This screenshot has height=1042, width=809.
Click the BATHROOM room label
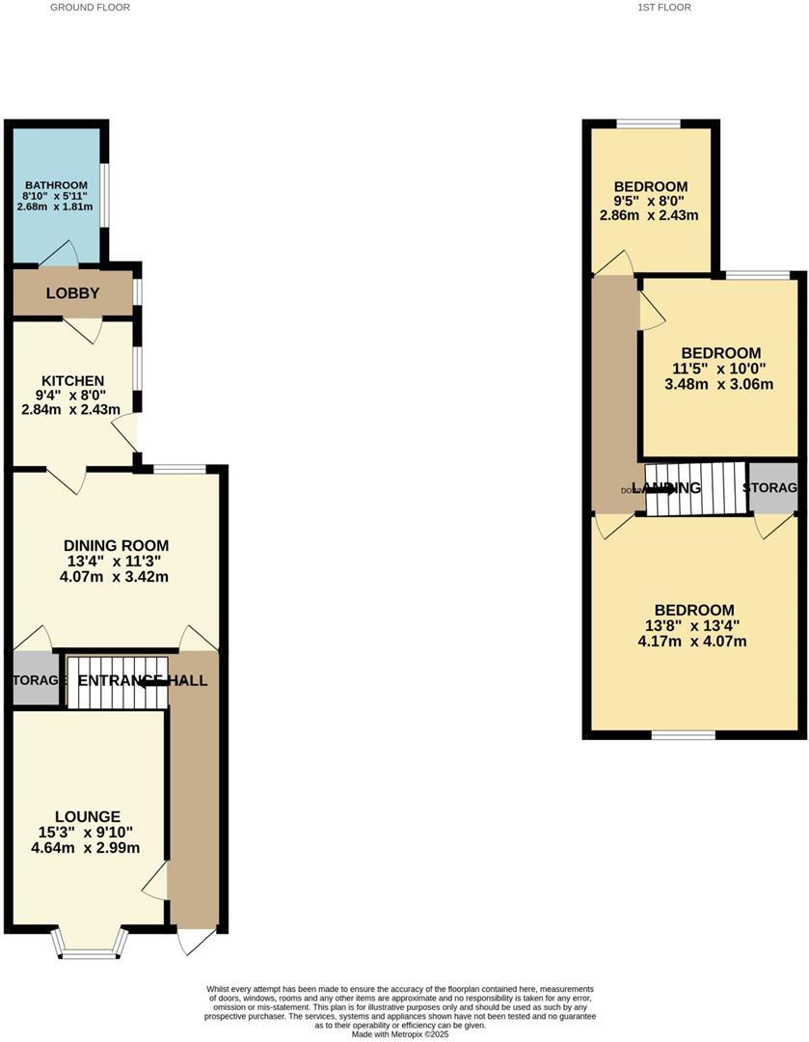point(57,185)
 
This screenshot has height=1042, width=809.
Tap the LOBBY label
point(73,293)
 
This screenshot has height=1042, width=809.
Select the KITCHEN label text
point(72,381)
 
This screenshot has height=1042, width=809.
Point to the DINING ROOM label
point(116,545)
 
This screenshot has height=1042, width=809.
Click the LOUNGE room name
point(88,816)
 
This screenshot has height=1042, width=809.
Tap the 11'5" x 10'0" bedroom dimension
point(720,369)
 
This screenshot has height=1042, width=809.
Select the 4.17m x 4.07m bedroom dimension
point(693,642)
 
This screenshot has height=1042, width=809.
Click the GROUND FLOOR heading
point(90,7)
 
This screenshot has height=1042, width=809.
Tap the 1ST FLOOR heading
point(664,7)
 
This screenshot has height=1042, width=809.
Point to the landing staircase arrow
point(661,488)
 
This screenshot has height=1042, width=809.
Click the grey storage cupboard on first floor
point(773,487)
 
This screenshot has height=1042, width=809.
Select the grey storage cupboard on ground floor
point(35,680)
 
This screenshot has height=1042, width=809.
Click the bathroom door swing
point(60,254)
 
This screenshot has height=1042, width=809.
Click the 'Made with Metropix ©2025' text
point(400,1034)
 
